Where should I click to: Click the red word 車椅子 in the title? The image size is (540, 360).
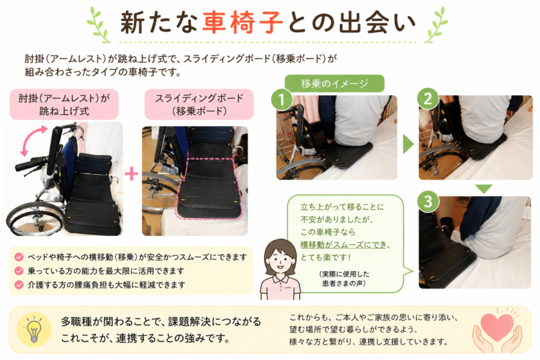242,22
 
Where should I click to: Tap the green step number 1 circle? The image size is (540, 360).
282,100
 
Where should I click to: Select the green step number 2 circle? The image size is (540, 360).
428,99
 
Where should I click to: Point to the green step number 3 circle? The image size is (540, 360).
428,201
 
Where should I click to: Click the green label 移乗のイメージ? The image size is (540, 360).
334,84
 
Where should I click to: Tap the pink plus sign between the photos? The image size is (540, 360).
131,174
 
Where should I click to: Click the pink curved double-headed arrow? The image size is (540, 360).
33,141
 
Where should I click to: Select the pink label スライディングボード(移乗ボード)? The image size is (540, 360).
199,104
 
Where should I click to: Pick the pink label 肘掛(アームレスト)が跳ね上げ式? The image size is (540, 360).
64,104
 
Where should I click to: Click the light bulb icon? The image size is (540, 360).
34,330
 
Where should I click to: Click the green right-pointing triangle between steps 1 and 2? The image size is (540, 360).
408,144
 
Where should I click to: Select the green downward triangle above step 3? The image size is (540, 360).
484,188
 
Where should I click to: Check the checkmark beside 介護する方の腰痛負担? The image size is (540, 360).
19,285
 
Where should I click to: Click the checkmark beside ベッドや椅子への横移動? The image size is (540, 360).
19,257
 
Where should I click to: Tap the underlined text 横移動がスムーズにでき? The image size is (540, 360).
343,244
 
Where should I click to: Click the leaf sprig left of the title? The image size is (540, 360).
99,25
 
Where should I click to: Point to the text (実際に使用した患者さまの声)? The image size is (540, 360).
344,278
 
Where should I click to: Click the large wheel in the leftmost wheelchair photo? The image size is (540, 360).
35,219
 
